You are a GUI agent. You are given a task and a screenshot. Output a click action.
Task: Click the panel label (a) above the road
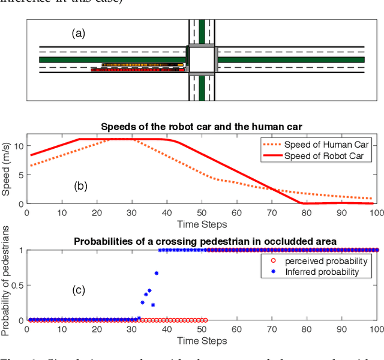[79, 34]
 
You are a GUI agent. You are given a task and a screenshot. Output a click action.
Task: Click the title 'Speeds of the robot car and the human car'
[202, 127]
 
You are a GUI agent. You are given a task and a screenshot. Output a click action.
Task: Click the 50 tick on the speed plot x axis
[202, 212]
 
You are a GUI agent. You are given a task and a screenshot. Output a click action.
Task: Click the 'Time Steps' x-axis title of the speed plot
[202, 224]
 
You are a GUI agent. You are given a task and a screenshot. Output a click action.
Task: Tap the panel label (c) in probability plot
[78, 291]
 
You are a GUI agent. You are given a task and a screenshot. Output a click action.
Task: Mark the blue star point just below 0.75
[157, 273]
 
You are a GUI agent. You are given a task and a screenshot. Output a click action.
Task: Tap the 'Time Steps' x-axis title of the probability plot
[202, 341]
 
